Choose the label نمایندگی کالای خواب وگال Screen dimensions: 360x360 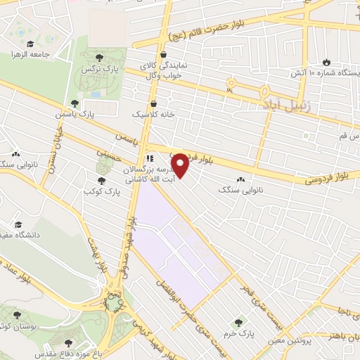point(162,68)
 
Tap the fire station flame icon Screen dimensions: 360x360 point(326,61)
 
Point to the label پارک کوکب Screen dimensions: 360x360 point(99,191)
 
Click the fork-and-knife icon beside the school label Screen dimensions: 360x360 point(150,158)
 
